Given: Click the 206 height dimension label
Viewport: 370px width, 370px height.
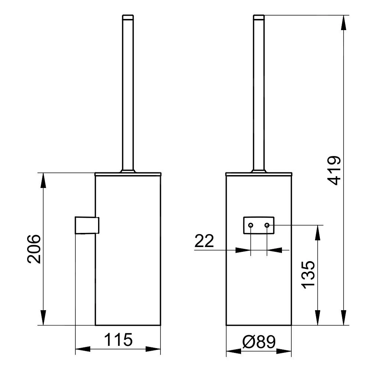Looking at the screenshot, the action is click(x=34, y=249).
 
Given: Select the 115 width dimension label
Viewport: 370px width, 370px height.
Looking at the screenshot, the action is click(x=118, y=340).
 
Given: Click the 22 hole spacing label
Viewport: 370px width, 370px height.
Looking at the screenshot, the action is click(x=204, y=241).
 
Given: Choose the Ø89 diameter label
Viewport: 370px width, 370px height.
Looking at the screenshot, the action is click(x=259, y=342).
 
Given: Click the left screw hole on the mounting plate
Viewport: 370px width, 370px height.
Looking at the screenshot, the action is click(x=251, y=225).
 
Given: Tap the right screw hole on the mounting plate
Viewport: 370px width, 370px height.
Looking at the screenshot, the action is click(x=267, y=225).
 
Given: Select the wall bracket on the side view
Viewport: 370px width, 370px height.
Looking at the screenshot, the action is click(x=87, y=225).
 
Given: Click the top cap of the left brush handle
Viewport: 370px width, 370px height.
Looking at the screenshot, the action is click(x=128, y=17).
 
